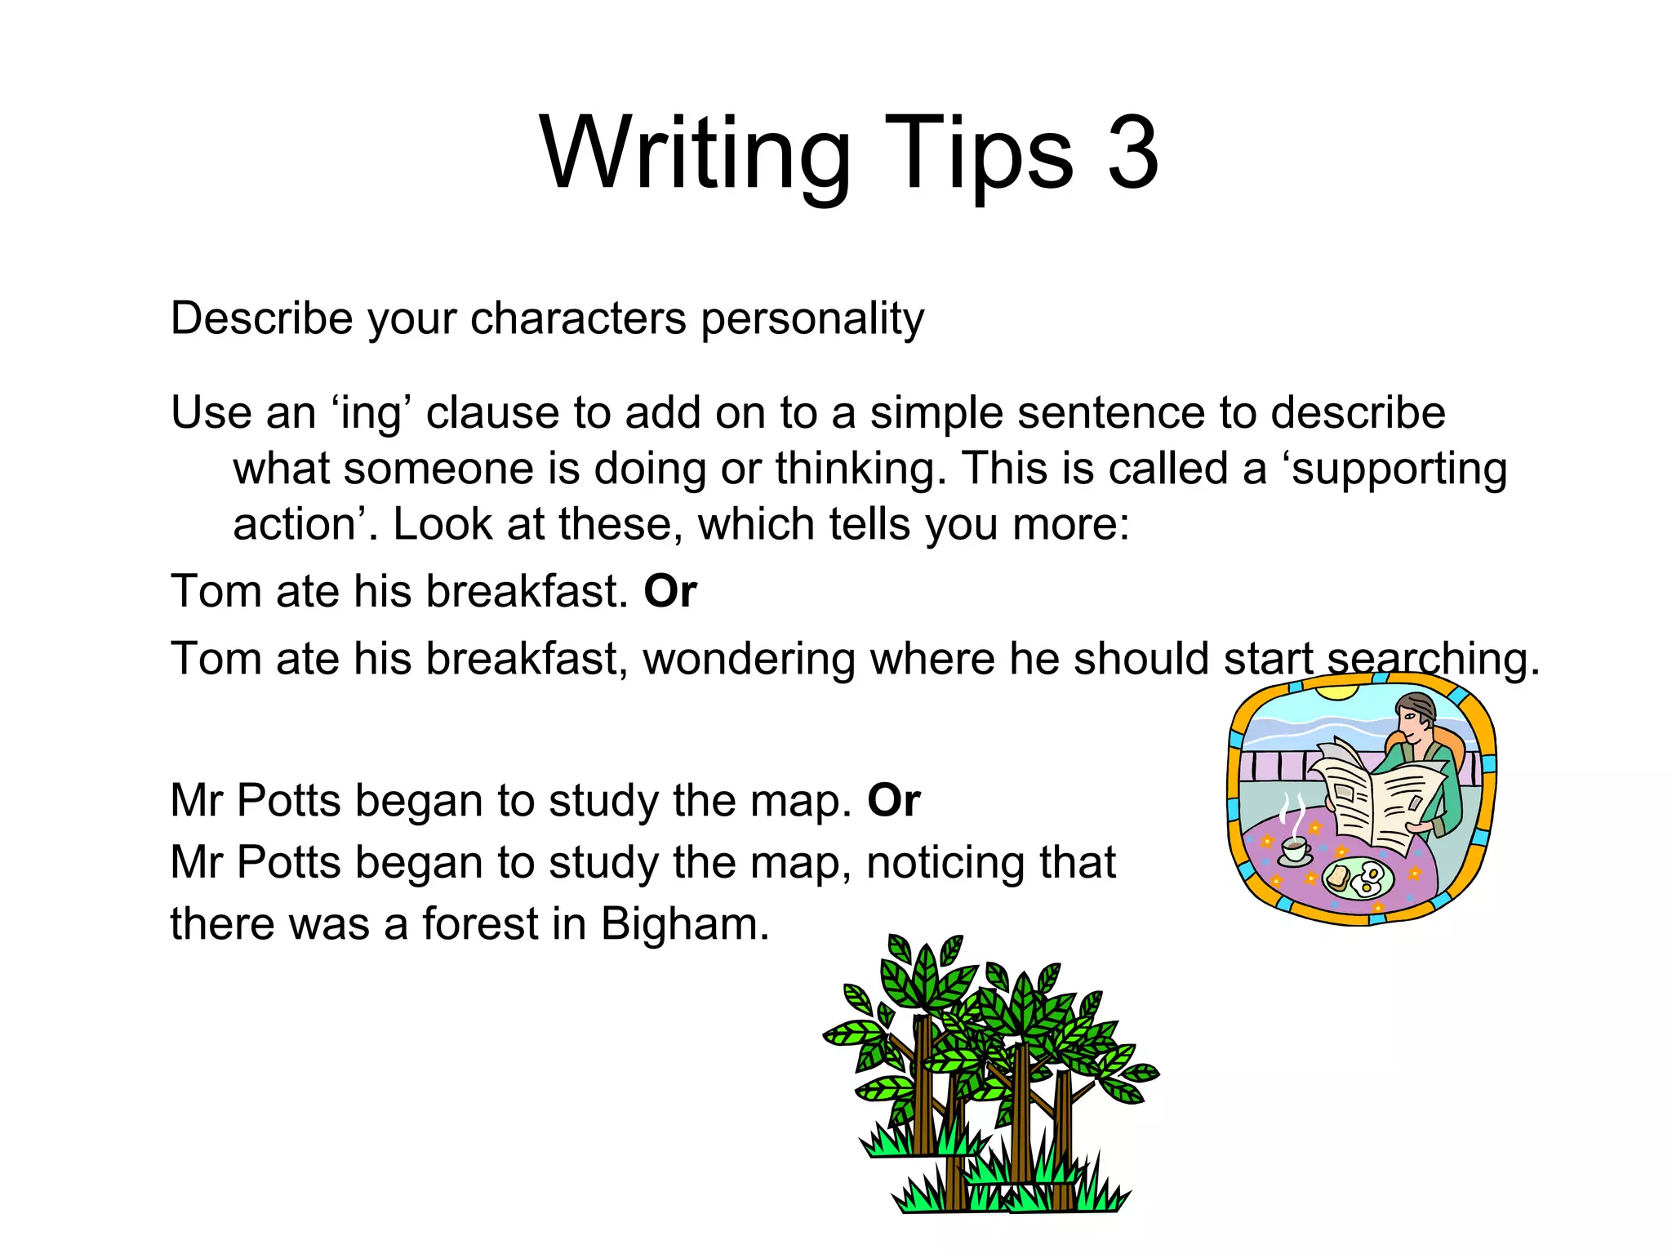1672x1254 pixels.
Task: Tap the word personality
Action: (812, 318)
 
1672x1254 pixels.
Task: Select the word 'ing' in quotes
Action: (373, 413)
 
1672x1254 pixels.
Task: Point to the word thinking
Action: (860, 469)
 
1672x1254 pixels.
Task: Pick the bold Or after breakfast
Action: (670, 591)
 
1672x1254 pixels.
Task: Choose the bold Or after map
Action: (894, 800)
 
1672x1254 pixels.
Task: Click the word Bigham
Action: (685, 925)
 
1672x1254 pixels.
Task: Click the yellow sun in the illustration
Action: (1336, 692)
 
